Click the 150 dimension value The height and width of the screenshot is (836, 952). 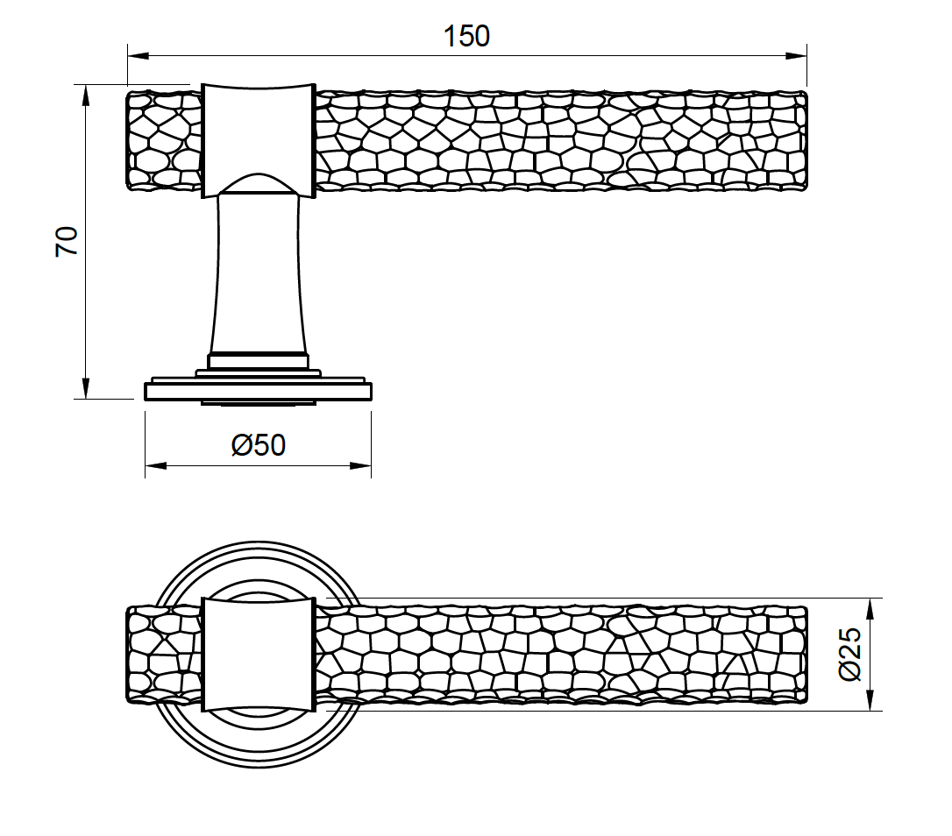point(466,37)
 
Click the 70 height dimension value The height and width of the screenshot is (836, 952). point(67,241)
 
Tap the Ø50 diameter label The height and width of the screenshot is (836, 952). point(259,445)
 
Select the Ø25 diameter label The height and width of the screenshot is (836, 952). point(851,655)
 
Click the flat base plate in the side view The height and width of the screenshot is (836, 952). point(258,389)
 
